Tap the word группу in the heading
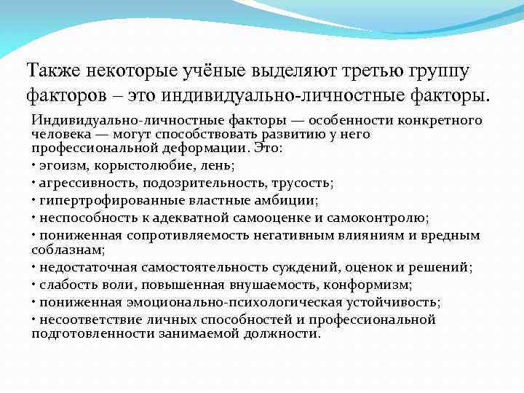click(432, 71)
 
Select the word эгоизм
click(61, 164)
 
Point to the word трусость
click(302, 182)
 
